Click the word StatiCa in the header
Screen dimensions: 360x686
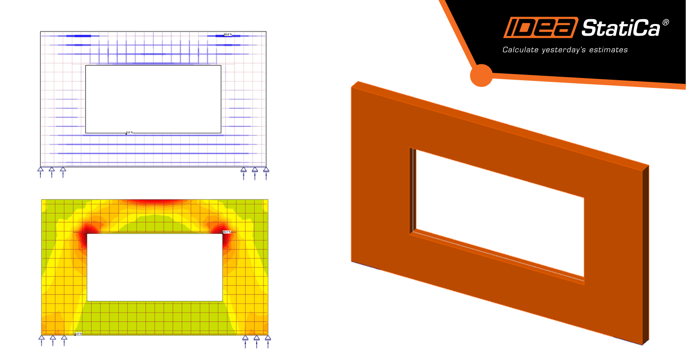pyautogui.click(x=620, y=29)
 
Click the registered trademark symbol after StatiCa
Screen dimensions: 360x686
pyautogui.click(x=665, y=22)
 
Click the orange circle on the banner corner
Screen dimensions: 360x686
pyautogui.click(x=481, y=75)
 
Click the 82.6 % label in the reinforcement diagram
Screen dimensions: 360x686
pyautogui.click(x=228, y=34)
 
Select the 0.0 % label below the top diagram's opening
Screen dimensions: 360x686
pyautogui.click(x=129, y=132)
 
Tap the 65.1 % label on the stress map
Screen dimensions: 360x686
pyautogui.click(x=226, y=232)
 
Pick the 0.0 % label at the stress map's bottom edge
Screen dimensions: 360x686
pyautogui.click(x=78, y=333)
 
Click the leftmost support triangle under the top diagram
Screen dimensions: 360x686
pyautogui.click(x=41, y=170)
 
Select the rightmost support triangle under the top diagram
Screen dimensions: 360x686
pyautogui.click(x=266, y=170)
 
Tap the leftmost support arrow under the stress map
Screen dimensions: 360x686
pyautogui.click(x=42, y=340)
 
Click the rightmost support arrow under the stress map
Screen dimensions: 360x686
pyautogui.click(x=268, y=340)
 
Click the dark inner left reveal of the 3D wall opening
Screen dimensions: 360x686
pyautogui.click(x=412, y=191)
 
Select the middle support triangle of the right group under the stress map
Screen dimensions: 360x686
pyautogui.click(x=256, y=338)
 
